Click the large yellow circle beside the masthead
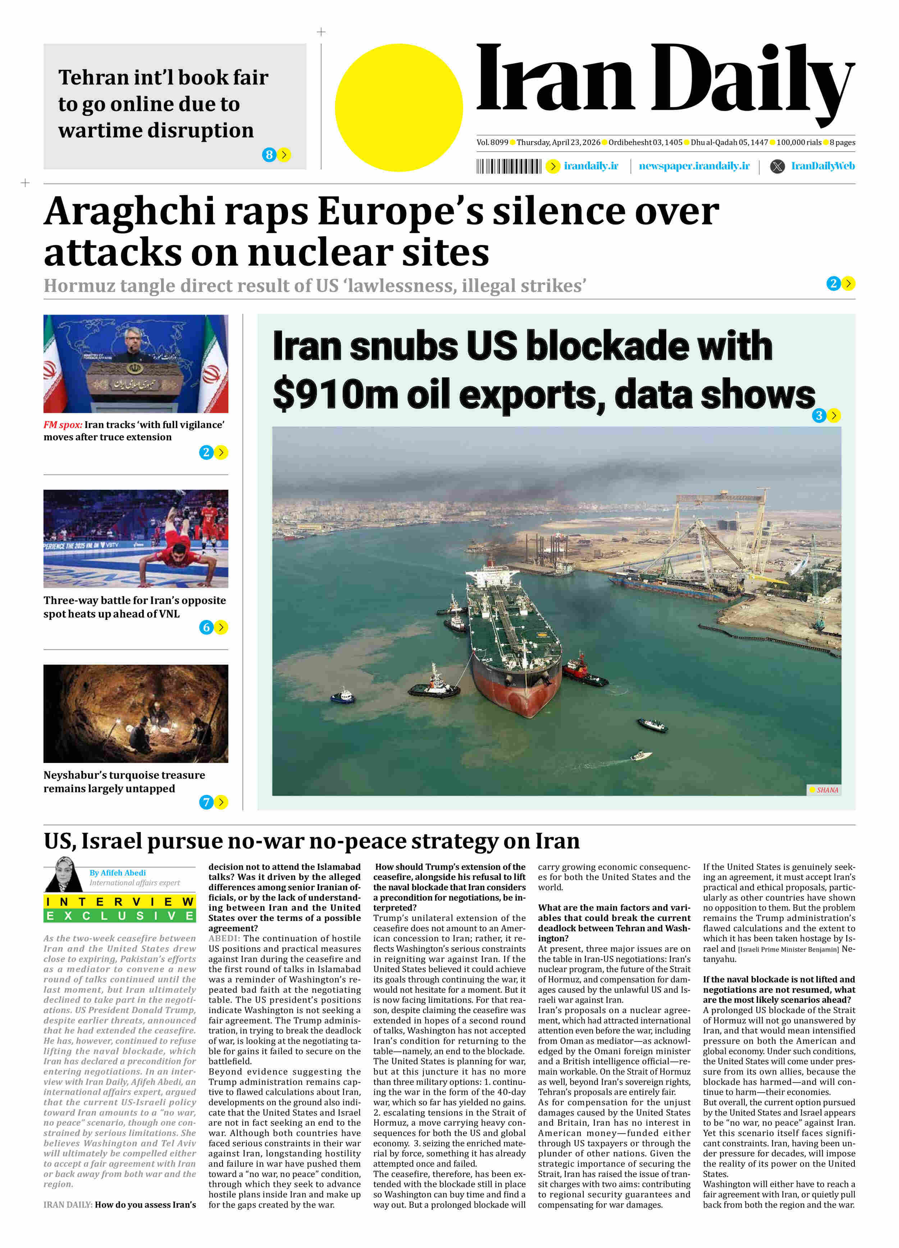coord(399,108)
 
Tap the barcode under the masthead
coord(508,166)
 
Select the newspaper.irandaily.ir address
coord(694,166)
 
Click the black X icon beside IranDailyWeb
coord(777,166)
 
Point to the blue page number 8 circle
coord(269,155)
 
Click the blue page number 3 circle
coord(819,415)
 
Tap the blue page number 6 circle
coord(206,627)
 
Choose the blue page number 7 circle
coord(206,802)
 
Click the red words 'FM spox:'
coord(63,425)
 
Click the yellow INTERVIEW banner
coord(119,901)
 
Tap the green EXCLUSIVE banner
coord(119,915)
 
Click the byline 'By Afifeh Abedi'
coord(118,873)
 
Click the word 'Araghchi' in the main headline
coord(129,212)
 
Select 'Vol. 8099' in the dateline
coord(492,143)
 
